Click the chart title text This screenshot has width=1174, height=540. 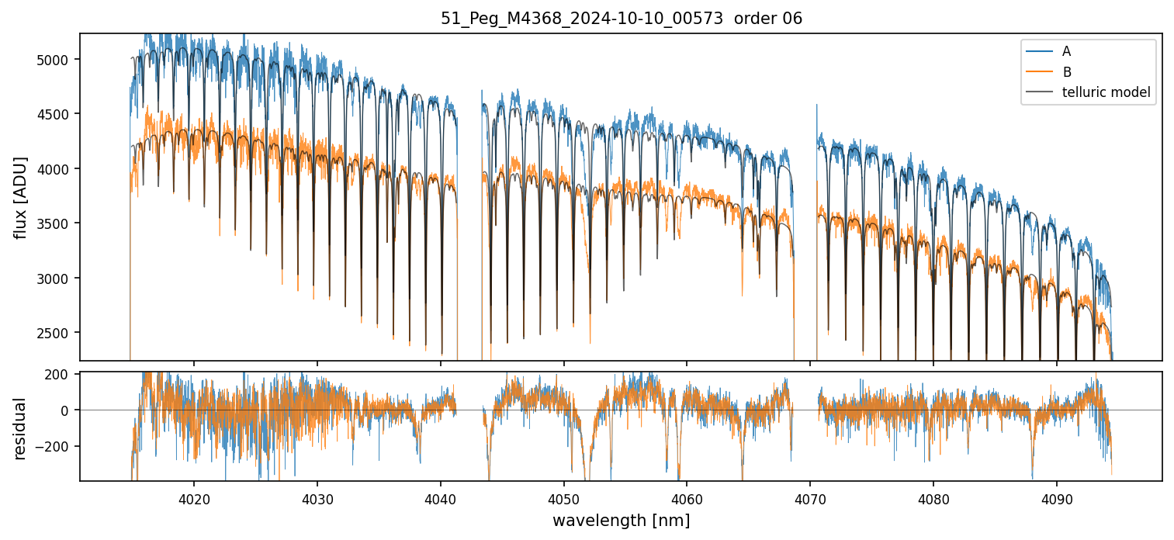tap(621, 19)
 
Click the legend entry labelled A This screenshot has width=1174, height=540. tap(1066, 51)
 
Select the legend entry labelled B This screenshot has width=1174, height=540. tap(1066, 72)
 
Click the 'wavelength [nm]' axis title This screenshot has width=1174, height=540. tap(621, 520)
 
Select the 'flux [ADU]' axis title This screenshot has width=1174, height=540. tap(21, 197)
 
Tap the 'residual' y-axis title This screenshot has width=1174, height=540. tap(21, 427)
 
